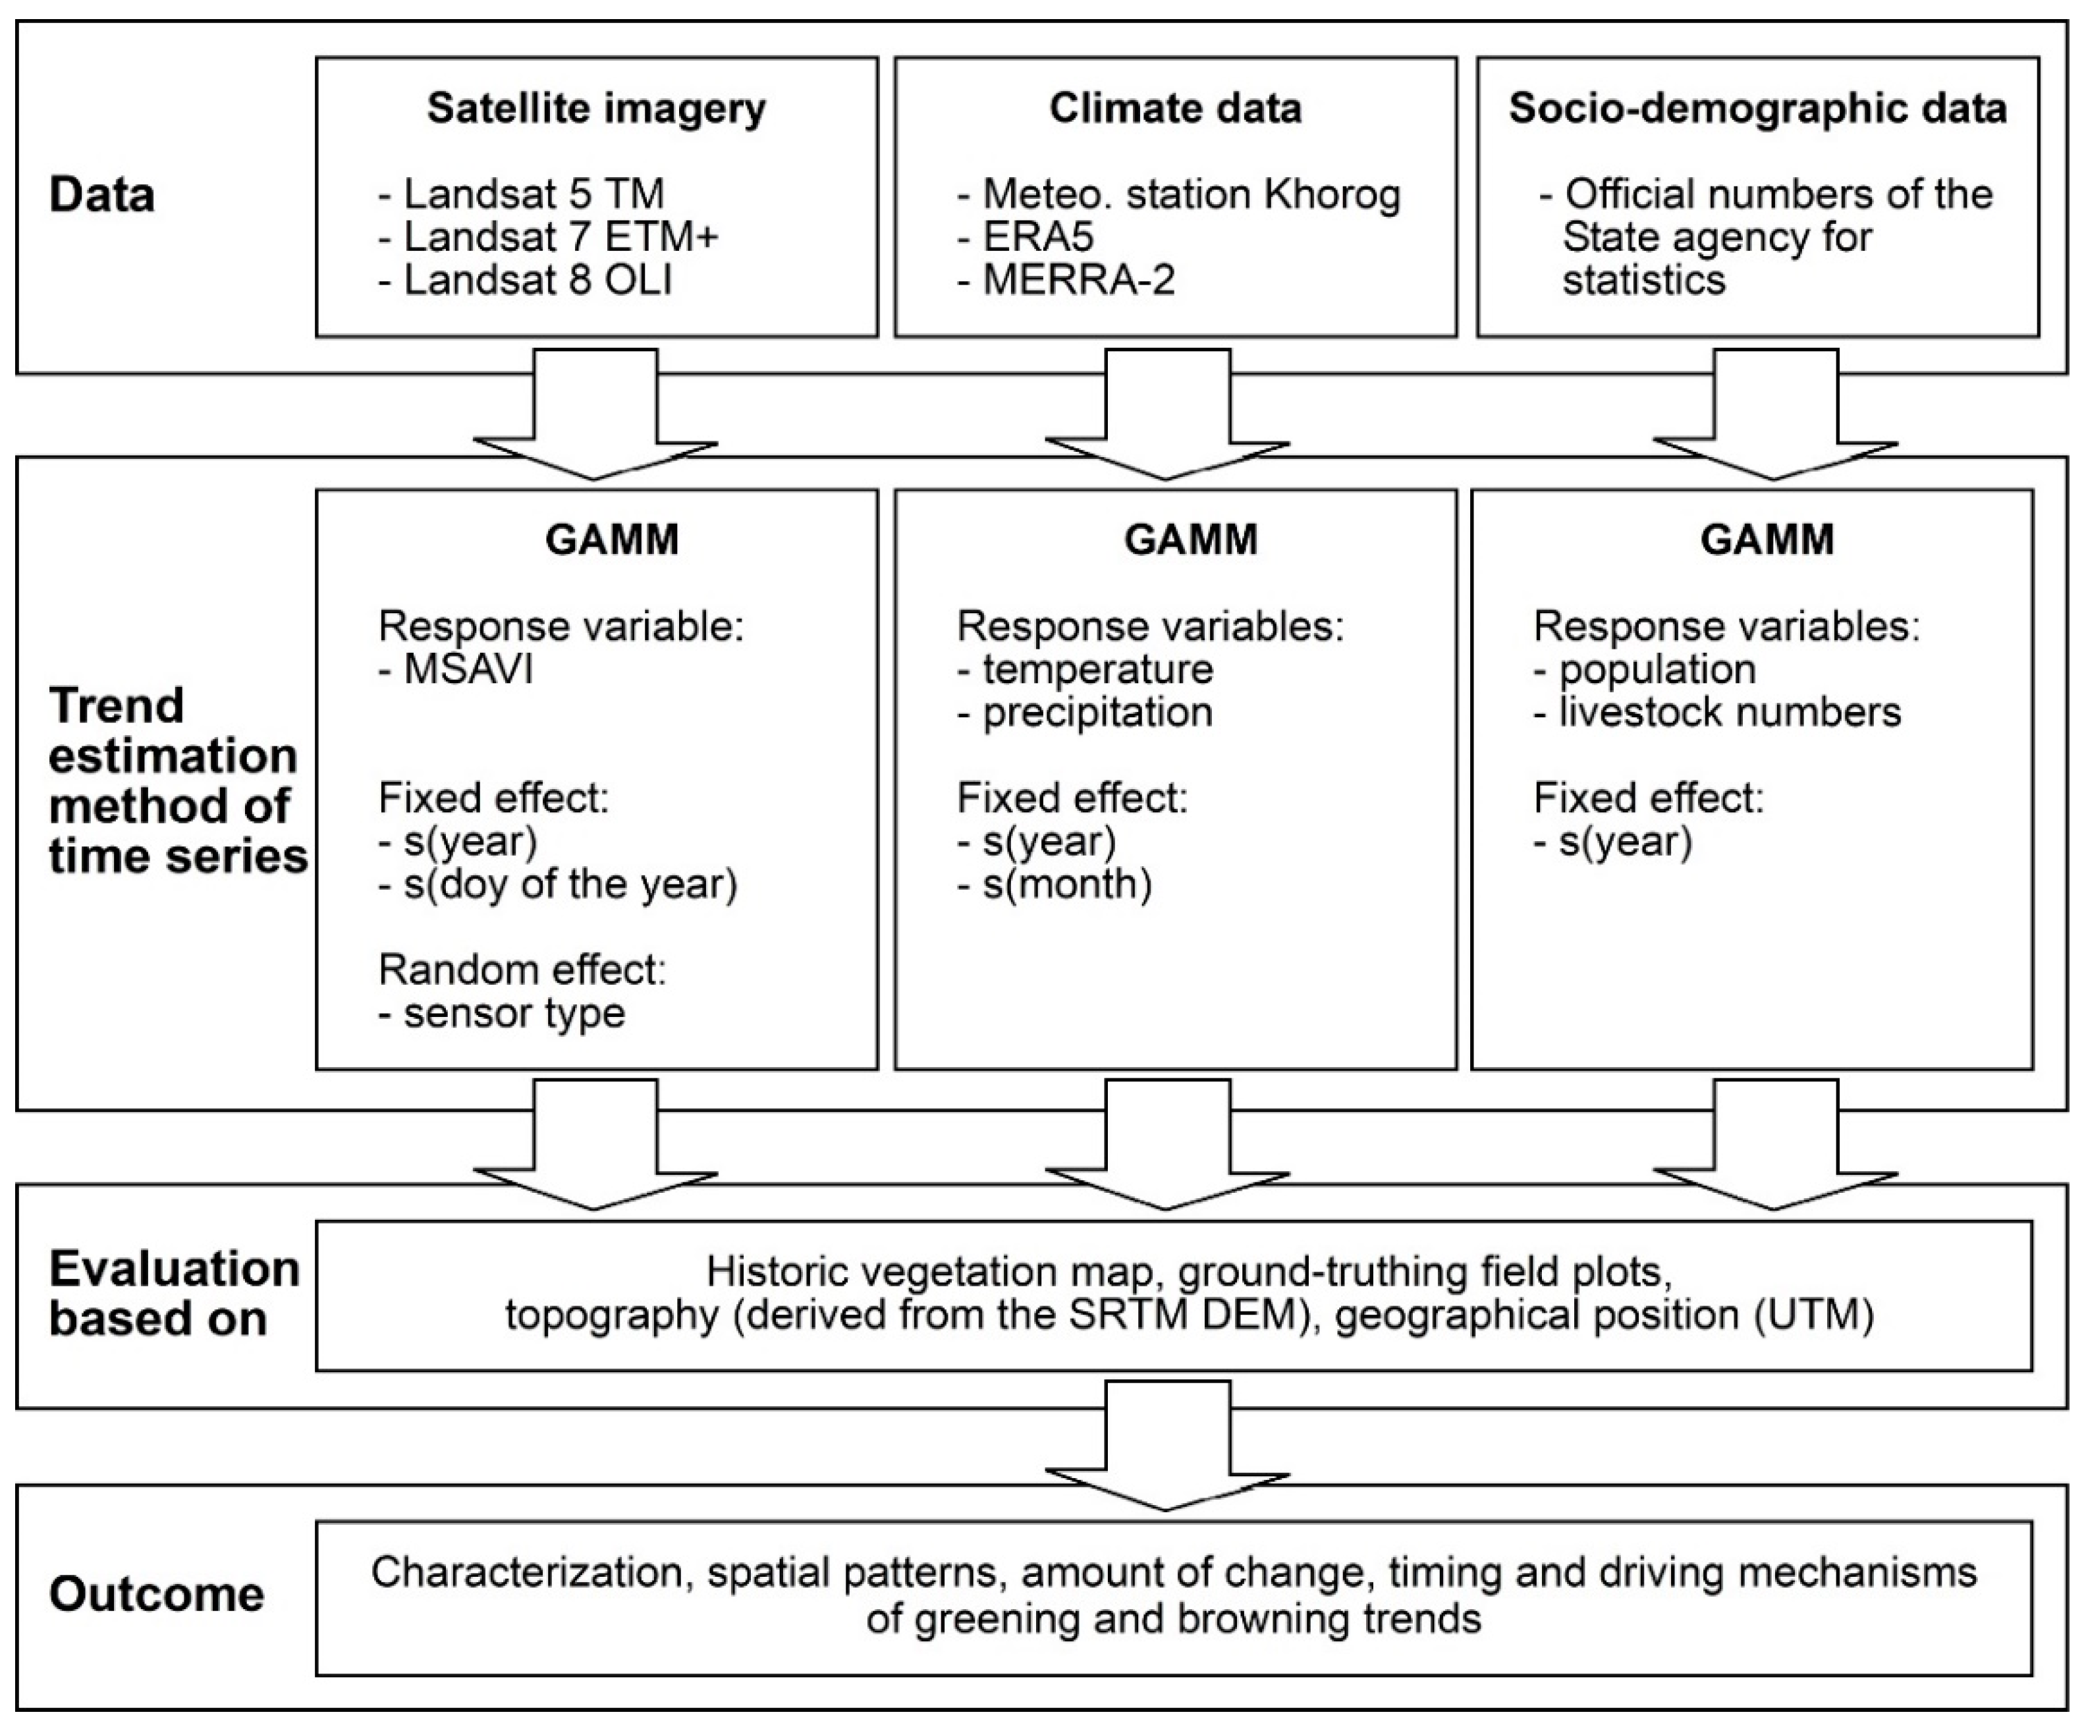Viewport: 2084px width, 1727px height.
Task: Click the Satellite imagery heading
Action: pos(597,108)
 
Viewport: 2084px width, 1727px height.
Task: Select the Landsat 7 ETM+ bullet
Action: pos(549,237)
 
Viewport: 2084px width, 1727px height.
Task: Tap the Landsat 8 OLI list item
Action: pos(526,281)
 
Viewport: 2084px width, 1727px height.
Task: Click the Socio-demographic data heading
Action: pos(1757,108)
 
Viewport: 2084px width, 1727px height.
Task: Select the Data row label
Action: pos(102,194)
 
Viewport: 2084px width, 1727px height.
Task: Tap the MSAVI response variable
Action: pos(456,670)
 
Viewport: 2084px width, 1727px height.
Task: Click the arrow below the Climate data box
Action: pos(1167,415)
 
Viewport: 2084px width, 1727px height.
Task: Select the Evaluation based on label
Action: pos(174,1293)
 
